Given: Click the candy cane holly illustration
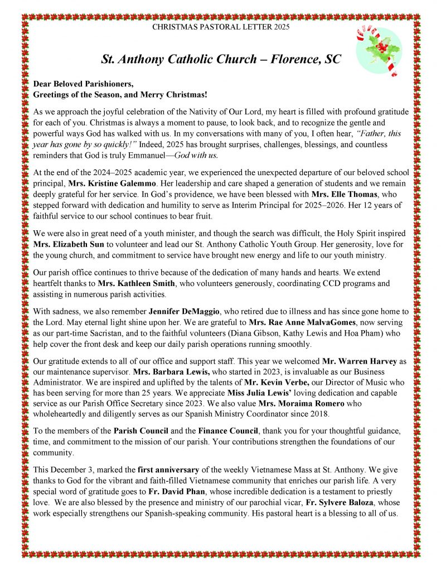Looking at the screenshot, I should pos(380,51).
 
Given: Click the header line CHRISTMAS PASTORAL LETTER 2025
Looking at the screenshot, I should pos(221,26).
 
